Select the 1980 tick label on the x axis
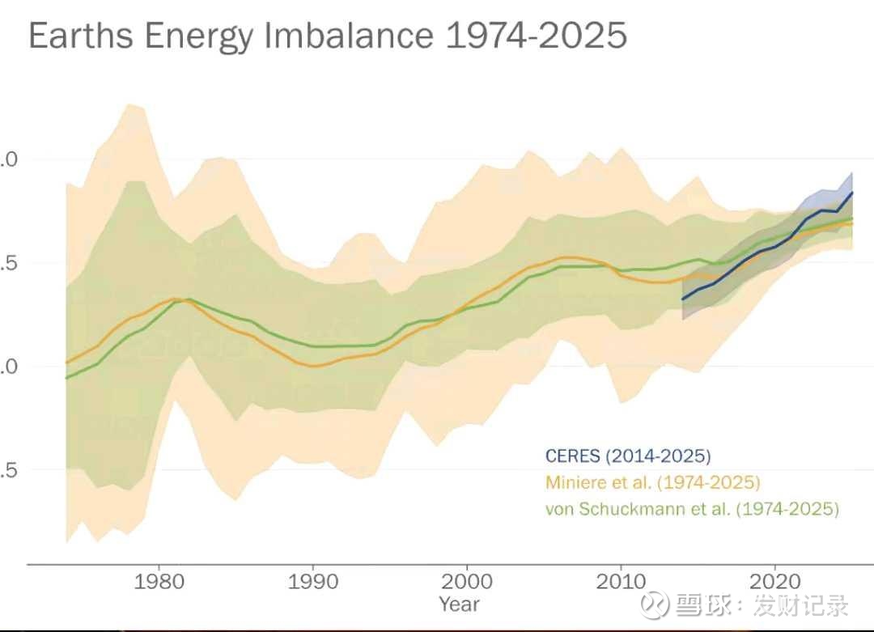[x=158, y=582]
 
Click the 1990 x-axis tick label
[x=312, y=582]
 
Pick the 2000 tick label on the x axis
[x=467, y=582]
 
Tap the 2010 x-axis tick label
[x=621, y=582]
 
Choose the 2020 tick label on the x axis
[x=775, y=582]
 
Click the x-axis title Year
[x=460, y=604]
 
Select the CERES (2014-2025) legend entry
[x=628, y=456]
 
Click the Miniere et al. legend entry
[x=653, y=483]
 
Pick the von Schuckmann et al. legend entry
[x=692, y=510]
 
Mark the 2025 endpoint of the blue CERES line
[x=852, y=193]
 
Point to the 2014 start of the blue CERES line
[x=682, y=299]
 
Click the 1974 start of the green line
[x=66, y=378]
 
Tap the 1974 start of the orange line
[x=66, y=363]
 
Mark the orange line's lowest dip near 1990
[x=315, y=366]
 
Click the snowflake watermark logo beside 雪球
[x=655, y=606]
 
